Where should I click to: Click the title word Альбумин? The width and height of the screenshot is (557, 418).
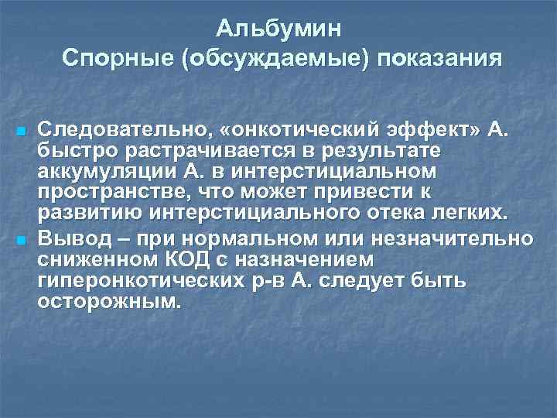click(x=278, y=29)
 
